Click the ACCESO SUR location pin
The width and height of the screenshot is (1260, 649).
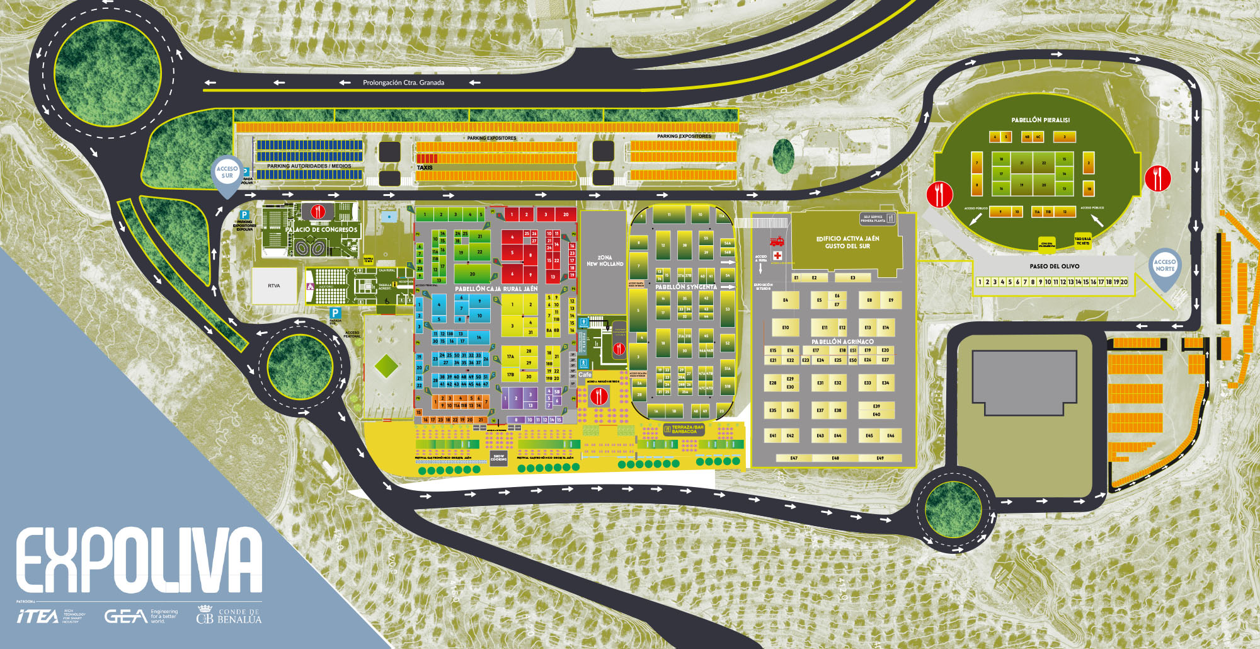click(x=227, y=173)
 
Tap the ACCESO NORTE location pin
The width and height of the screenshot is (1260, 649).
click(x=1165, y=265)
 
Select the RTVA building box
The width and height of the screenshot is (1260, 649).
click(x=274, y=286)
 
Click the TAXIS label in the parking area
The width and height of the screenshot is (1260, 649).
click(x=425, y=168)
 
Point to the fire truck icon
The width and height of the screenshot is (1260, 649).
click(x=777, y=241)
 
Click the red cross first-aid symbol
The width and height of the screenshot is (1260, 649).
click(x=777, y=255)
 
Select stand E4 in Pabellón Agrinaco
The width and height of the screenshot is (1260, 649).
click(x=786, y=301)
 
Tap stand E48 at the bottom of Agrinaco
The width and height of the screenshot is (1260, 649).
click(x=835, y=458)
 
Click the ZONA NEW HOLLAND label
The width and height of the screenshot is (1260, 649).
click(x=604, y=261)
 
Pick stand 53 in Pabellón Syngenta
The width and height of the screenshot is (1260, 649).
click(x=728, y=309)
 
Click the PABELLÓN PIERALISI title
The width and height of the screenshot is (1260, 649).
click(x=1040, y=120)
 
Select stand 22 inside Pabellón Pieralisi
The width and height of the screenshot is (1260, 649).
click(x=1044, y=163)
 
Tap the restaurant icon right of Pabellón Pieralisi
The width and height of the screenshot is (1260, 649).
click(x=1157, y=178)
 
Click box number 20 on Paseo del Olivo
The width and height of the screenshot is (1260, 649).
click(x=1124, y=282)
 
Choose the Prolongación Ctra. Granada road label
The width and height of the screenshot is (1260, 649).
click(x=403, y=83)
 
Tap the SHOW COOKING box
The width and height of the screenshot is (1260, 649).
click(x=499, y=458)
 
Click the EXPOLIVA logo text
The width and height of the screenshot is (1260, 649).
click(x=139, y=560)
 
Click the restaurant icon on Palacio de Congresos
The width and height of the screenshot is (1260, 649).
click(x=318, y=211)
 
